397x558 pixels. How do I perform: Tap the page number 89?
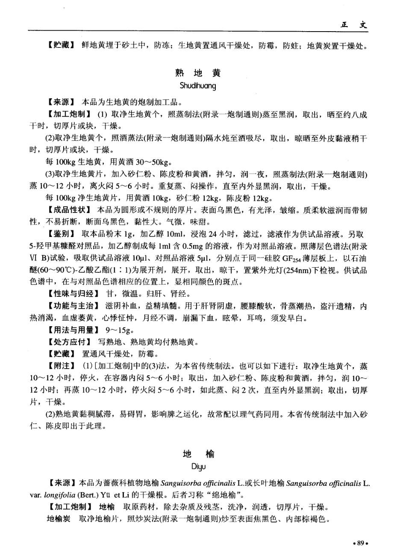[360, 543]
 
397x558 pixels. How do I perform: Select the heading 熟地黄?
[198, 73]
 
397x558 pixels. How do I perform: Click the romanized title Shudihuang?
[198, 86]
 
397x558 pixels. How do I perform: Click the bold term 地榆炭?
[58, 519]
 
